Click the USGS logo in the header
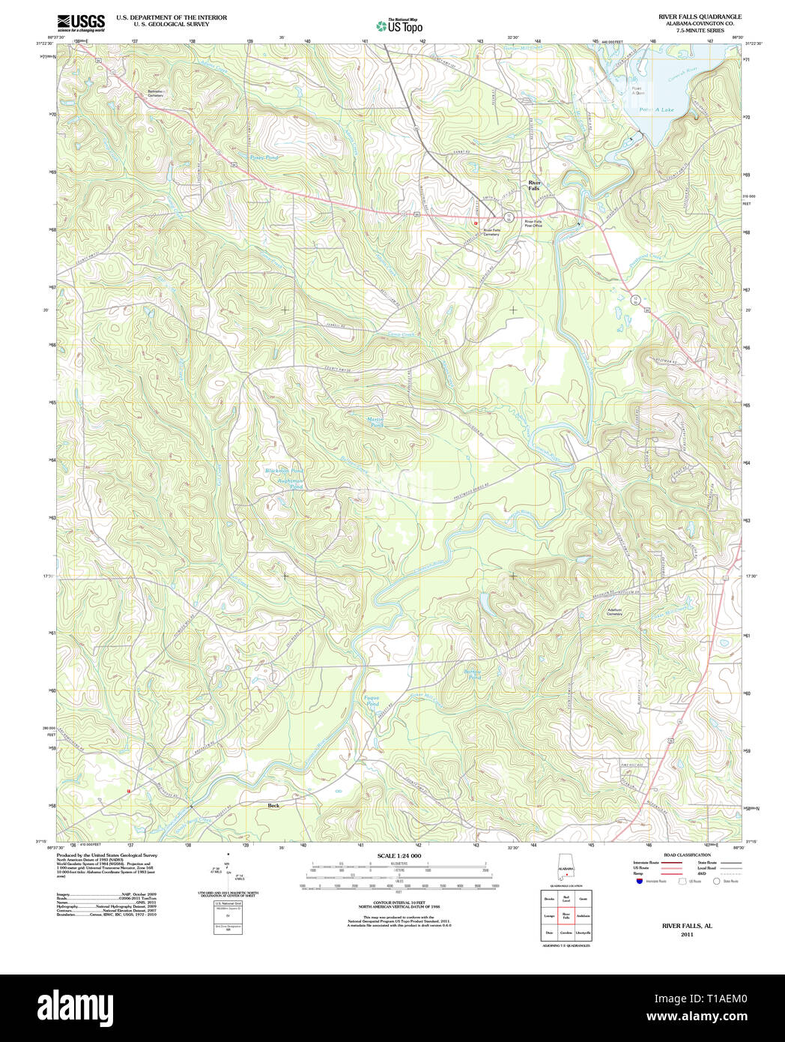(81, 22)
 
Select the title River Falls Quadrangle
(700, 16)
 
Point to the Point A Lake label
(656, 109)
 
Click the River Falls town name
(534, 185)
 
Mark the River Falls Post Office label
(533, 223)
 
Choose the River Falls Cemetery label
(491, 232)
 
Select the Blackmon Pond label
(284, 471)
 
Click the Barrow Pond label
(472, 674)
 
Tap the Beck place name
(273, 805)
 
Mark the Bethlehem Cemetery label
(155, 94)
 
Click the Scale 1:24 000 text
(398, 855)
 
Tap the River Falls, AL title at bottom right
(687, 926)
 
